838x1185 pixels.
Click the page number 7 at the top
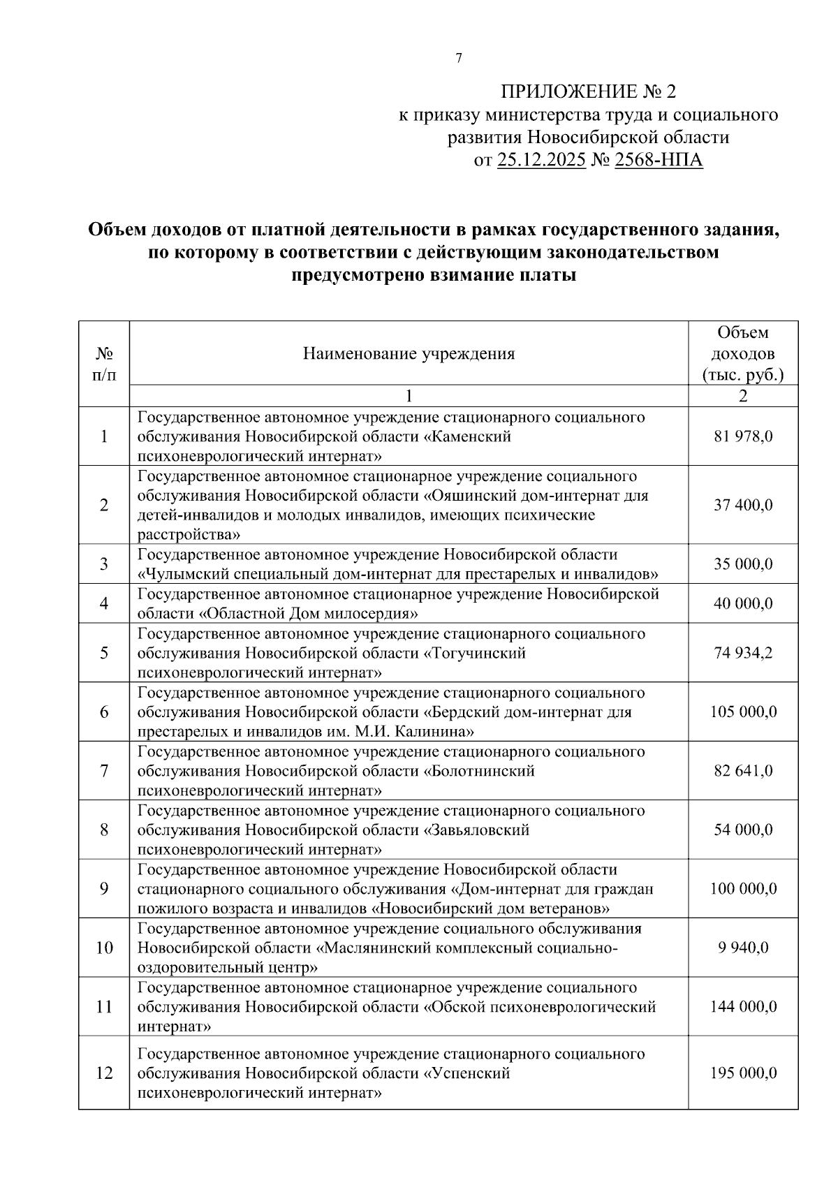[458, 59]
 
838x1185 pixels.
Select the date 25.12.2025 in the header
[541, 161]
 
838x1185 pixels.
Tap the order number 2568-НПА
[658, 161]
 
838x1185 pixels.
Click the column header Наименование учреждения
[409, 354]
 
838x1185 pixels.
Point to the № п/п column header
[104, 364]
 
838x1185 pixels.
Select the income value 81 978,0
[743, 437]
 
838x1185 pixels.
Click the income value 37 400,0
[743, 505]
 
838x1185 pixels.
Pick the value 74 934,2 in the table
[743, 654]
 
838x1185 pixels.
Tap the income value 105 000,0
[743, 712]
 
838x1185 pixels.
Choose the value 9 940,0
[743, 948]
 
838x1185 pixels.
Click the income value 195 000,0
[743, 1073]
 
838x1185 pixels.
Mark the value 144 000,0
[743, 1007]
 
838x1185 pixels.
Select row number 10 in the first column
[104, 948]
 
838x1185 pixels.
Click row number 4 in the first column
[104, 603]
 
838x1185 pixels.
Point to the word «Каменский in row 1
[468, 437]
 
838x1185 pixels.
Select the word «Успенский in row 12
[467, 1073]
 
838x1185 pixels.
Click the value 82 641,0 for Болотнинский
[743, 772]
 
